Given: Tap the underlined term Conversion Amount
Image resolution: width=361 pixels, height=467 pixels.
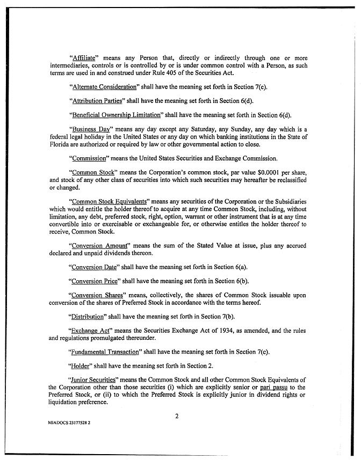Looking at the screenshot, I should click(99, 245).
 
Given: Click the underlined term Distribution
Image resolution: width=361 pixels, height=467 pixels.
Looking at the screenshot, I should click(89, 317).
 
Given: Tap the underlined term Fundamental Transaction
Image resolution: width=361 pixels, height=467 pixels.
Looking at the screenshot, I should click(107, 353).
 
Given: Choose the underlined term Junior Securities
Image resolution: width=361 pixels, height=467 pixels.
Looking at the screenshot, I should click(95, 381).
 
